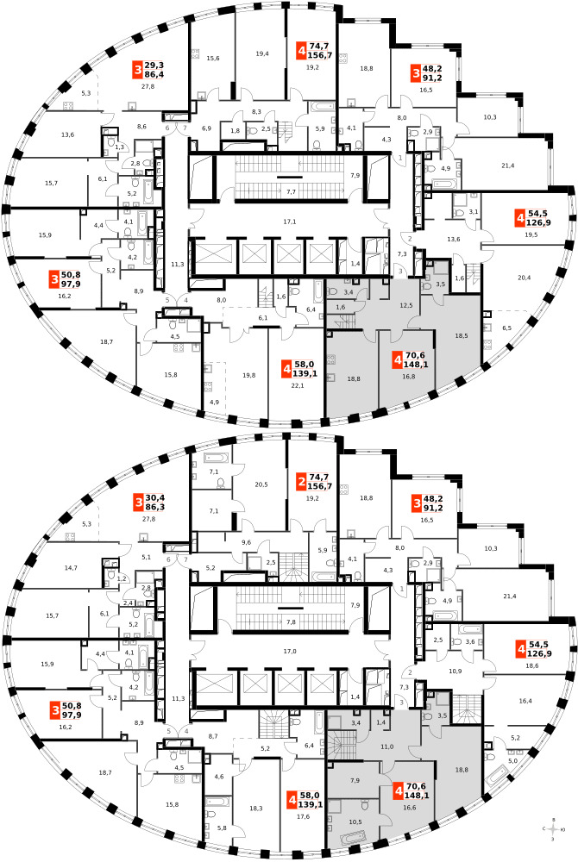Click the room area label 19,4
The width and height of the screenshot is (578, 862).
[263, 53]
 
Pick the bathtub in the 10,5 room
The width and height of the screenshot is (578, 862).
[359, 837]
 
